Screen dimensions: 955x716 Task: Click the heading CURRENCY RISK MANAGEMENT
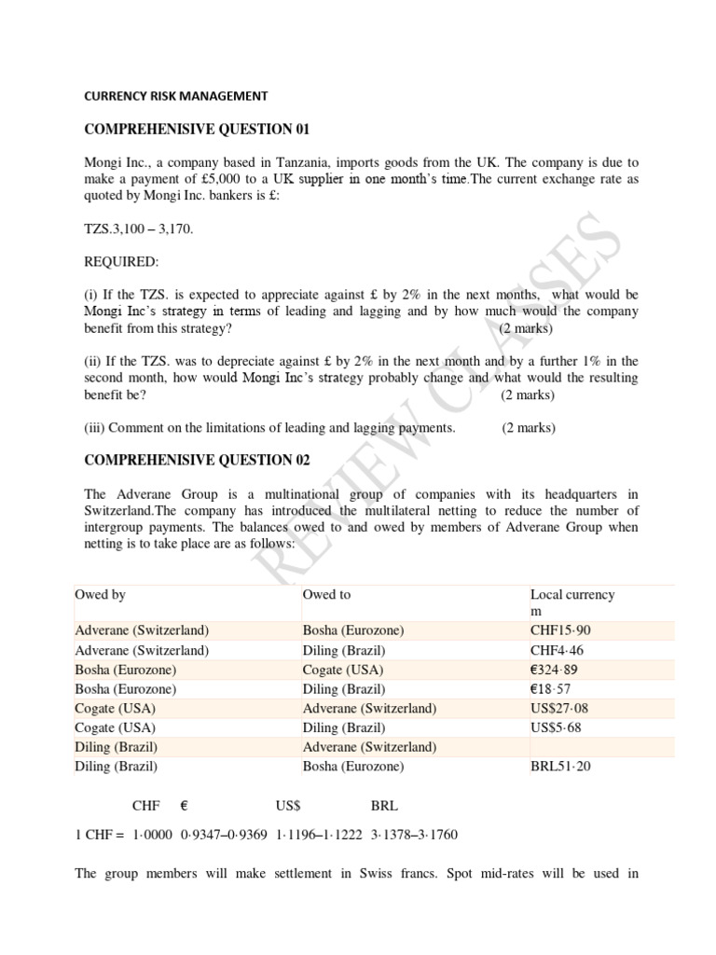click(176, 95)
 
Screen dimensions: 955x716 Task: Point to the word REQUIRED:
click(122, 263)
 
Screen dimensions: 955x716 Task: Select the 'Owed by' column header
click(100, 594)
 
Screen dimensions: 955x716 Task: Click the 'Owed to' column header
click(326, 594)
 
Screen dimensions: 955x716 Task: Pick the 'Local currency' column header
click(572, 594)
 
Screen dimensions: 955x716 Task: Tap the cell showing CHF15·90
click(560, 630)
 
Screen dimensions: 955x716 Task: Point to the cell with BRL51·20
click(561, 767)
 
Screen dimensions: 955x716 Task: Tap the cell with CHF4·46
click(558, 650)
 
